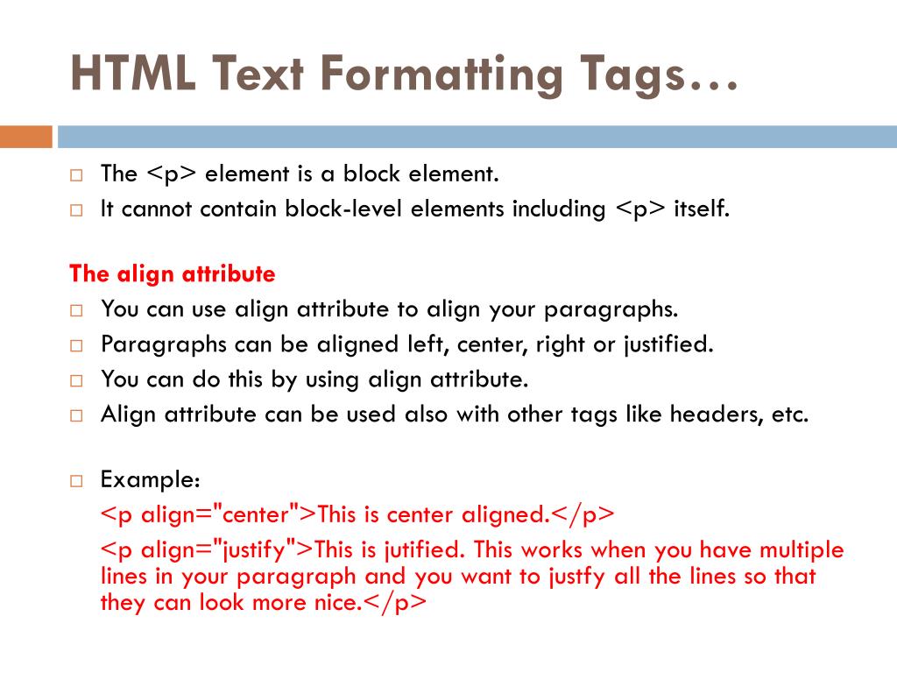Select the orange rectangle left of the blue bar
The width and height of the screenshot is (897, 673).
(25, 137)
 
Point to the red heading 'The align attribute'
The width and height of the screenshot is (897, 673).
(173, 274)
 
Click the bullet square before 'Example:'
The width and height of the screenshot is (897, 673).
(76, 481)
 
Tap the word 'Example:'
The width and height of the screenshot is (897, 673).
(151, 480)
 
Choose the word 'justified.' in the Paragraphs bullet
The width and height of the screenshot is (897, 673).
(668, 344)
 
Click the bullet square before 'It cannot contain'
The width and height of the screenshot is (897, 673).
(76, 210)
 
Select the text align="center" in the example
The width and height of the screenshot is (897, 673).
(213, 515)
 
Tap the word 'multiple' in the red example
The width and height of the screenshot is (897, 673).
(801, 550)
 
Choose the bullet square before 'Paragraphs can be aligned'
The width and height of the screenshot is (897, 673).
(76, 345)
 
